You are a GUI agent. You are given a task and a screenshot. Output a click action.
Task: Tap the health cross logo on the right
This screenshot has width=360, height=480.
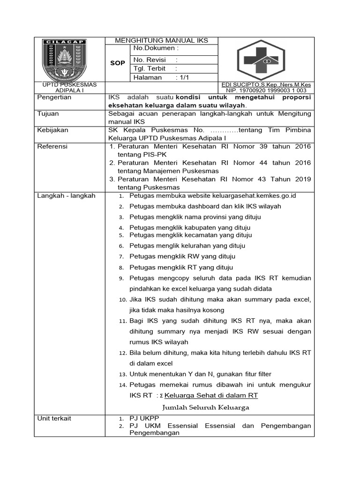[x=265, y=60]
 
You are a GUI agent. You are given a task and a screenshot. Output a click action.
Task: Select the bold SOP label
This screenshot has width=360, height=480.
[x=117, y=63]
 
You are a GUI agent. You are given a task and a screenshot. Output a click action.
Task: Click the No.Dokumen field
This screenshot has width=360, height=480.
[x=156, y=48]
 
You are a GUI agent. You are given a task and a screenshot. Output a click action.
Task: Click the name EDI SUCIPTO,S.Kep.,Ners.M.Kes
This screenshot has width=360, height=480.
[x=266, y=85]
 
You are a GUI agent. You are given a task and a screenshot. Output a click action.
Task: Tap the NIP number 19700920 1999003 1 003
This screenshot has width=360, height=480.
[x=266, y=90]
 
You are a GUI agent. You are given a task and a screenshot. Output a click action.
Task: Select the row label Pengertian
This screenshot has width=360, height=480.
[x=54, y=97]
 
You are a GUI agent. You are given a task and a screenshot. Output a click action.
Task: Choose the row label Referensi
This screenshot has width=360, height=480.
[x=52, y=147]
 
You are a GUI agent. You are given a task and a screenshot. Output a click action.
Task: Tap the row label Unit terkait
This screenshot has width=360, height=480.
[x=54, y=418]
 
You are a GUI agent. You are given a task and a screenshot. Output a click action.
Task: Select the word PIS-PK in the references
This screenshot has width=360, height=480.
[x=149, y=155]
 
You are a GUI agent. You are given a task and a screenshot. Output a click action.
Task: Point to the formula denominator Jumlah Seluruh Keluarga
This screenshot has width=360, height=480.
[x=206, y=407]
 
